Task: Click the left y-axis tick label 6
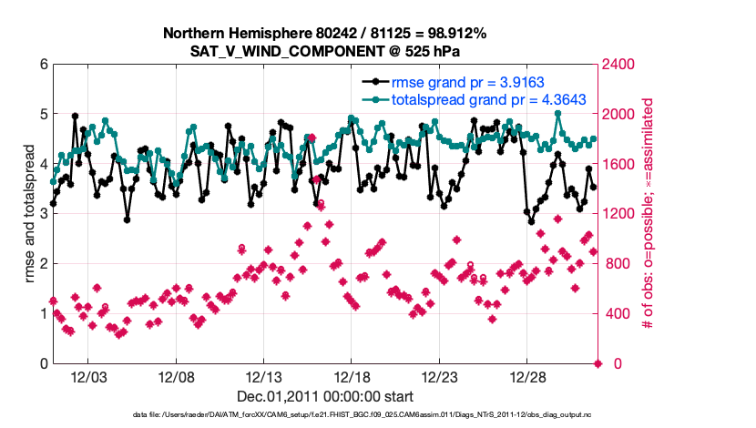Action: (43, 65)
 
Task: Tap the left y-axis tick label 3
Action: (43, 214)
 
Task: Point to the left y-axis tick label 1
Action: (43, 314)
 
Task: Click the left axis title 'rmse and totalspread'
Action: (29, 214)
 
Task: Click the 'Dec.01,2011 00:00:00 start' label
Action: (325, 396)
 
